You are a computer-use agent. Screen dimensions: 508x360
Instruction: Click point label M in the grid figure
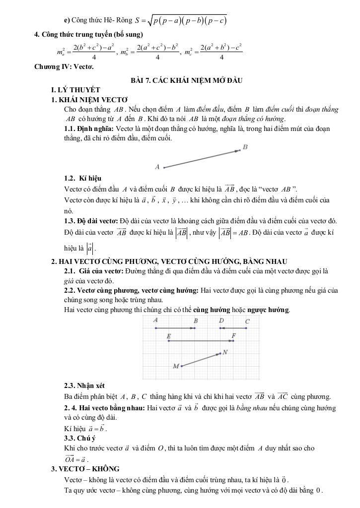175,366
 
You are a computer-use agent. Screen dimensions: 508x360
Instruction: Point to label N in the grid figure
225,352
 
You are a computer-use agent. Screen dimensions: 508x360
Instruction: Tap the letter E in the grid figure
169,336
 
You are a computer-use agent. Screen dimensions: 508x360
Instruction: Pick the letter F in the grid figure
233,336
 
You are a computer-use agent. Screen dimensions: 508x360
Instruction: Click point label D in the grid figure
221,321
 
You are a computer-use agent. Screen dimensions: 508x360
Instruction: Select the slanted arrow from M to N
201,360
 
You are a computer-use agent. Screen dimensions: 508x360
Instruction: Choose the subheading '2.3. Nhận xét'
84,385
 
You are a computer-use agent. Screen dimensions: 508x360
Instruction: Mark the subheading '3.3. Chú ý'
79,438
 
